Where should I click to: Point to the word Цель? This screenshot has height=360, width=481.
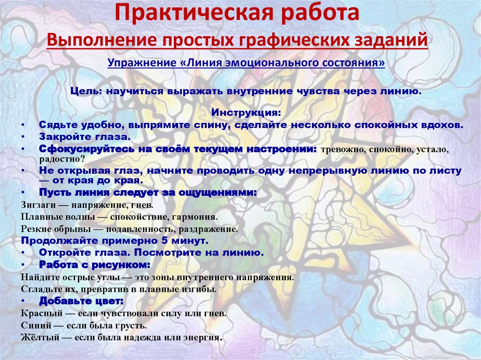[x=85, y=92]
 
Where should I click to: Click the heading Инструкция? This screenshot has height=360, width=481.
[x=246, y=114]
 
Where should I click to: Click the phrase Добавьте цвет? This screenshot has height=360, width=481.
[x=81, y=301]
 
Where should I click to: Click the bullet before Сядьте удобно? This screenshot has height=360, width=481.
[x=23, y=125]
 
